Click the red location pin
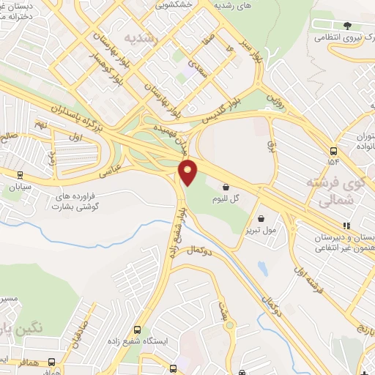pyautogui.click(x=188, y=173)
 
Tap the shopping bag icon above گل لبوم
pyautogui.click(x=226, y=187)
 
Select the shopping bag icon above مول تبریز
pyautogui.click(x=261, y=218)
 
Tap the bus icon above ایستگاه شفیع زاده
pyautogui.click(x=138, y=330)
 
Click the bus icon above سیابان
pyautogui.click(x=20, y=174)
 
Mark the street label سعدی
pyautogui.click(x=195, y=70)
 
